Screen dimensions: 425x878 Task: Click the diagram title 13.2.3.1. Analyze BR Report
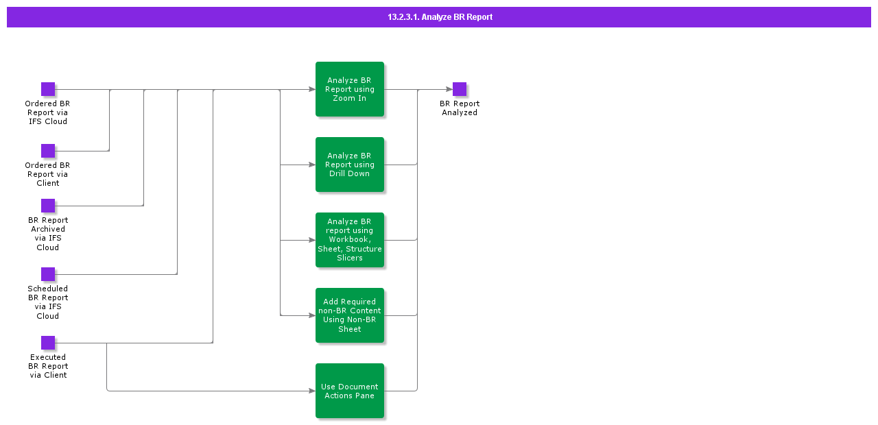439,17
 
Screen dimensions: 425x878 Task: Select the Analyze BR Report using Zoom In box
350,89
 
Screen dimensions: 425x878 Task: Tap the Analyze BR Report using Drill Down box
350,165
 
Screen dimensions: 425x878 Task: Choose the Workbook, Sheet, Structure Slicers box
350,240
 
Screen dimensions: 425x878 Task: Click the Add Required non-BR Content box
350,315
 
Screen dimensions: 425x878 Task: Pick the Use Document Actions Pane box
350,391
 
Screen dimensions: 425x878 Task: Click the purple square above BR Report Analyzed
460,89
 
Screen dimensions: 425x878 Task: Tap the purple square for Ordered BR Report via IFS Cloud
48,89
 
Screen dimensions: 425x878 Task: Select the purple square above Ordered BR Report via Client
48,151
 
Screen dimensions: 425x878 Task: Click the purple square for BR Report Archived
48,206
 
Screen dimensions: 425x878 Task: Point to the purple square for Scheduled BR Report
48,274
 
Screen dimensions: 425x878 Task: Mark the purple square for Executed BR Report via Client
48,343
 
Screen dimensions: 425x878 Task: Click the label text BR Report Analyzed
460,108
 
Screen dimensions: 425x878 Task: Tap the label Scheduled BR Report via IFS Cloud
48,302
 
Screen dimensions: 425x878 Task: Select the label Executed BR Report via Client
48,366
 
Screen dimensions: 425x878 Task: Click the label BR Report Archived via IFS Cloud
48,234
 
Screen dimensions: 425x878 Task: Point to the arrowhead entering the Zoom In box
311,89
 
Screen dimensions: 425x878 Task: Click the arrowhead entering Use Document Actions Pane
311,391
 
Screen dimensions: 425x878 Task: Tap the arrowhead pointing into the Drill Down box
311,165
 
